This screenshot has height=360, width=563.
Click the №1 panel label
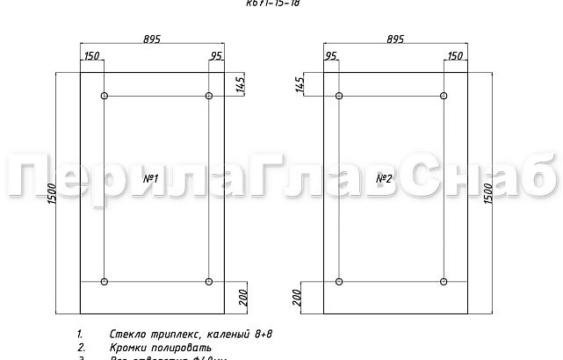click(150, 179)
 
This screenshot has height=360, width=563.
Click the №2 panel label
click(384, 179)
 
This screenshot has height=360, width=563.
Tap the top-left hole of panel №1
click(105, 96)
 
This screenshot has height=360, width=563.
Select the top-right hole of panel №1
click(209, 96)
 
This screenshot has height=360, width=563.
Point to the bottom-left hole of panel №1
click(105, 282)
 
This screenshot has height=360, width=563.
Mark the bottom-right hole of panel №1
click(209, 282)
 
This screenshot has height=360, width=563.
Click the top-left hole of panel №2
click(339, 96)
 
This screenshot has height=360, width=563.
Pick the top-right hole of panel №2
click(444, 96)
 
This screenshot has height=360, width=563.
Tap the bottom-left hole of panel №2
click(339, 282)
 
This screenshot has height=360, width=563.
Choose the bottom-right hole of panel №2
click(444, 282)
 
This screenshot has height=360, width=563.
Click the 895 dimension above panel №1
click(151, 39)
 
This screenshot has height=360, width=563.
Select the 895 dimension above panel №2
click(394, 39)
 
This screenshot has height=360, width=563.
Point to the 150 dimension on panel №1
click(90, 57)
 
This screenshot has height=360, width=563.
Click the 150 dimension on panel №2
click(455, 57)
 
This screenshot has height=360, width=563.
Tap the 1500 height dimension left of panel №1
click(51, 193)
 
